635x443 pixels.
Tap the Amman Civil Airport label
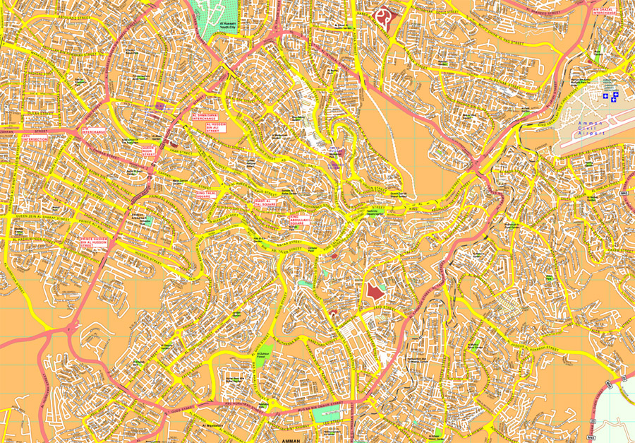pyautogui.click(x=591, y=128)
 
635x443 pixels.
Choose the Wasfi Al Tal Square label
pyautogui.click(x=265, y=203)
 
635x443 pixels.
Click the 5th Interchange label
pyautogui.click(x=93, y=130)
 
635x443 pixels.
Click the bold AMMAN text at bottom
pyautogui.click(x=291, y=440)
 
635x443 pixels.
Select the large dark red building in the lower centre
pyautogui.click(x=374, y=291)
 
